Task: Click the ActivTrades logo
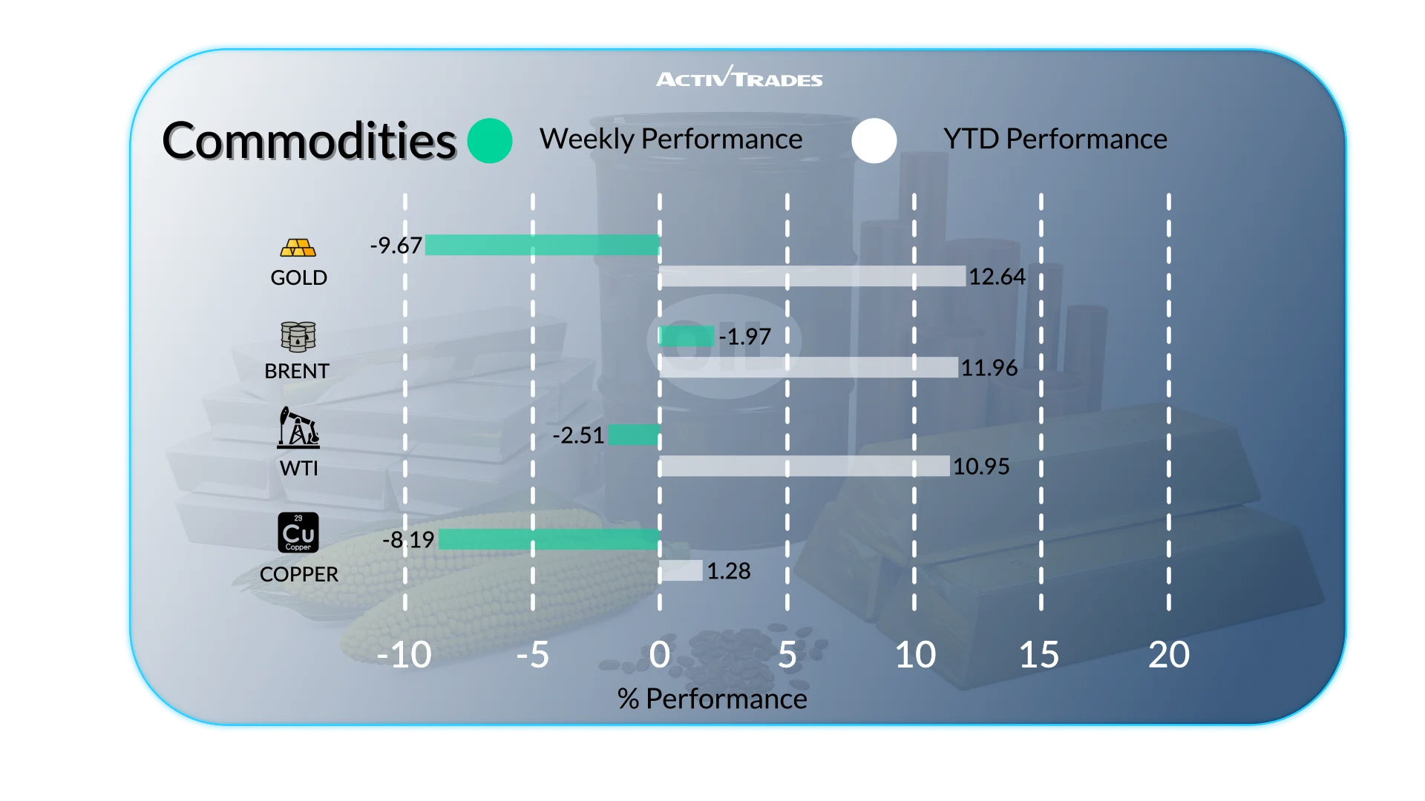(739, 77)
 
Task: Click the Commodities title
(309, 141)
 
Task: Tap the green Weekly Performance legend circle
(490, 140)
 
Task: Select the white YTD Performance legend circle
(874, 140)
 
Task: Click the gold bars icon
(298, 248)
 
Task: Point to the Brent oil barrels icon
(298, 337)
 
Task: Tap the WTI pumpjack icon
(298, 428)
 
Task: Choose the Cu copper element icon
(298, 533)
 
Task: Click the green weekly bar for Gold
(542, 245)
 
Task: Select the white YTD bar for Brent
(808, 367)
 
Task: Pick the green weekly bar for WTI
(634, 435)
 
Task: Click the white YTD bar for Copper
(681, 570)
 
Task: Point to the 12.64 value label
(997, 277)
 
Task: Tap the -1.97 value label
(745, 337)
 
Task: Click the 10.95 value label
(981, 467)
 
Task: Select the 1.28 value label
(728, 571)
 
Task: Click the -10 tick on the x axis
(404, 655)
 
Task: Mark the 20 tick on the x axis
(1168, 655)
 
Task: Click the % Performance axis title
(712, 699)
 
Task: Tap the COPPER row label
(298, 574)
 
